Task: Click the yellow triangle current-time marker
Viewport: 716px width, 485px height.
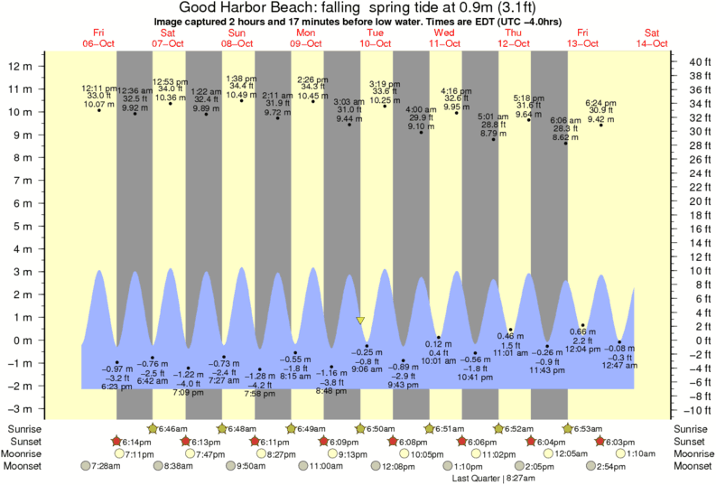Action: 360,321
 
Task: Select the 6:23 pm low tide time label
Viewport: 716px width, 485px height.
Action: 116,387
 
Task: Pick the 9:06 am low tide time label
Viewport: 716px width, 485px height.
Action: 367,368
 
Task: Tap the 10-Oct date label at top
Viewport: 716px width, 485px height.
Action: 375,43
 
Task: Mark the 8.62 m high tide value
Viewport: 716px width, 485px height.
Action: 565,136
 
